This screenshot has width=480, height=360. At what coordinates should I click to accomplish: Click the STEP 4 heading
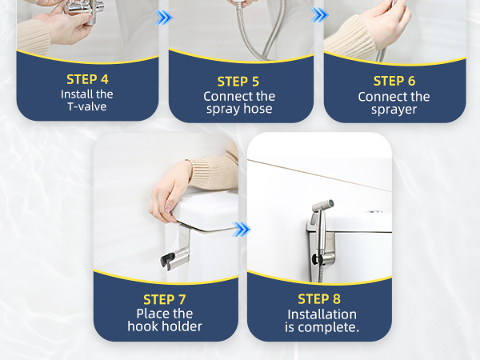tap(87, 79)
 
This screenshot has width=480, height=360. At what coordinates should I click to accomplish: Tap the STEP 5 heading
tap(238, 82)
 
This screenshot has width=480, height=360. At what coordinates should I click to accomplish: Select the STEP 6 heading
tap(394, 81)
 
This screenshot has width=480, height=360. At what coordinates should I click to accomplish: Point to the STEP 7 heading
tap(164, 300)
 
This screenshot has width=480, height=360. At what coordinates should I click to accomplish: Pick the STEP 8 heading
tap(319, 299)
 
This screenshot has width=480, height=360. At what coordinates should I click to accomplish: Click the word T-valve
tap(87, 106)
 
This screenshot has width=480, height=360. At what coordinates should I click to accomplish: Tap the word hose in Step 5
tap(257, 109)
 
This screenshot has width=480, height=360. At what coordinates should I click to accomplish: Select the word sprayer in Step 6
tap(394, 110)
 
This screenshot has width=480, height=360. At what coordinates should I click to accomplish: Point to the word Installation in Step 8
tap(322, 314)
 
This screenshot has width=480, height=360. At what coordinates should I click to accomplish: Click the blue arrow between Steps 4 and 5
tap(164, 18)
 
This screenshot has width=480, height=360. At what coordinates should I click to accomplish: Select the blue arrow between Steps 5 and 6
tap(319, 14)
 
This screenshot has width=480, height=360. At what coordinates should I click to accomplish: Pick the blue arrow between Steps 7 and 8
tap(242, 230)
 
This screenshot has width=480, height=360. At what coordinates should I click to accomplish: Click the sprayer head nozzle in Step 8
tap(328, 204)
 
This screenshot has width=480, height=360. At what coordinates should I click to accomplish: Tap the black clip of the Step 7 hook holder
tap(166, 261)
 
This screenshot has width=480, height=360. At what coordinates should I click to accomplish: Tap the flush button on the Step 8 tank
tap(374, 211)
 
